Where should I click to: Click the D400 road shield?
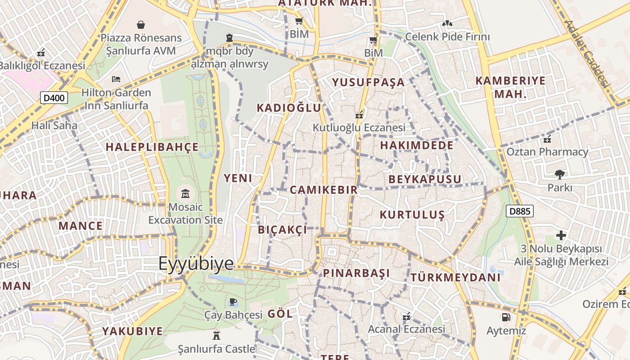[54, 98]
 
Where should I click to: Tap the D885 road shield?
[520, 211]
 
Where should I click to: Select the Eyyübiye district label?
[196, 264]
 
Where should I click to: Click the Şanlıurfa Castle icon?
[216, 335]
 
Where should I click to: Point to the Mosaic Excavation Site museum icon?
[185, 194]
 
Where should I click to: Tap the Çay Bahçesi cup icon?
[233, 301]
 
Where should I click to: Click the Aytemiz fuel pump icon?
[506, 317]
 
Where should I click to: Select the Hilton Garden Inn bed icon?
[116, 79]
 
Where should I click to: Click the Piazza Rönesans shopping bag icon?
[141, 24]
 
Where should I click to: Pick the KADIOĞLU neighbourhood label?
[289, 108]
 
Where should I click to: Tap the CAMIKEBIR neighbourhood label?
[324, 190]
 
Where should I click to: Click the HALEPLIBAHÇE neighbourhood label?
[152, 147]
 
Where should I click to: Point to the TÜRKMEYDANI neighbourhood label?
[455, 277]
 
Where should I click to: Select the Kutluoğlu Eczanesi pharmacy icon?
[359, 115]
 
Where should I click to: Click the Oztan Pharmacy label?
[547, 152]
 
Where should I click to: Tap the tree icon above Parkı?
[559, 174]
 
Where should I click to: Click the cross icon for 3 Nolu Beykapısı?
[561, 235]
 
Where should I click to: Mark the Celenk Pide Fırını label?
[447, 36]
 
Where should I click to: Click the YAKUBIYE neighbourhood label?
[132, 332]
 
